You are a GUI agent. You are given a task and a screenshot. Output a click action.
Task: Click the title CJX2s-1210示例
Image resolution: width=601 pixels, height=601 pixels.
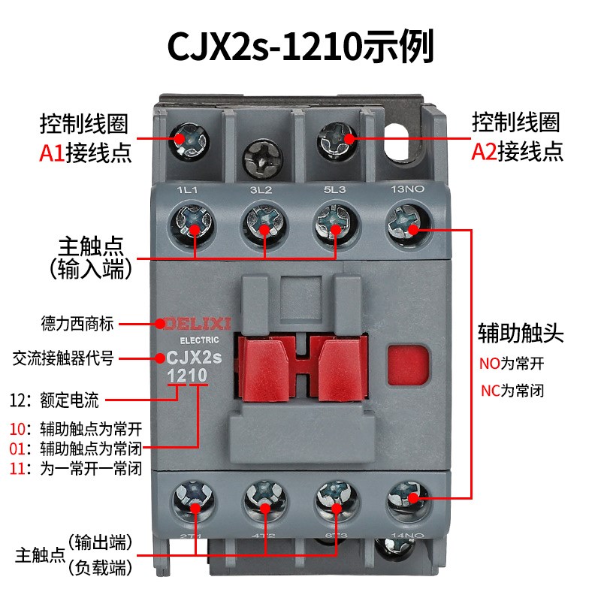[300, 47]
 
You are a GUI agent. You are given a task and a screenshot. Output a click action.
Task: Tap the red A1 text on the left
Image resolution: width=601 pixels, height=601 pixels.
[52, 153]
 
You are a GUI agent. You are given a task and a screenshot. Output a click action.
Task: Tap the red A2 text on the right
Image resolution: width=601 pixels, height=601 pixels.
[484, 153]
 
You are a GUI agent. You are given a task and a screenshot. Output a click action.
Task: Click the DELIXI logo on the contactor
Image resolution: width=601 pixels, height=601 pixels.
[195, 323]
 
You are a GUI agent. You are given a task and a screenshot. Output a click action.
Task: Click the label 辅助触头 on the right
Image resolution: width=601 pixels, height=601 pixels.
[521, 334]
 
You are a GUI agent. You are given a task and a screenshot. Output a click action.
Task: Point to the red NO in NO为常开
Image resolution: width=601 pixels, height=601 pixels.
[490, 364]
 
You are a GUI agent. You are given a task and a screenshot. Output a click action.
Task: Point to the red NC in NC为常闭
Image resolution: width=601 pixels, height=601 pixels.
[490, 391]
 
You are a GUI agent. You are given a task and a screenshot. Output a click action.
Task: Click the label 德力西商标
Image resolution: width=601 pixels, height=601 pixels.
[77, 324]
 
